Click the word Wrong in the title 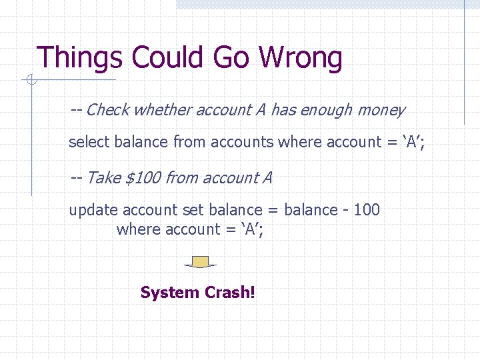tap(304, 58)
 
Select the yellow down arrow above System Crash tap(199, 261)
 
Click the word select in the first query tap(89, 141)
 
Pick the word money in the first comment tap(381, 110)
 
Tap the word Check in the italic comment tap(107, 110)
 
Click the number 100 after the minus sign tap(367, 210)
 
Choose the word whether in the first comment tap(161, 110)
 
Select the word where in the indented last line tap(137, 229)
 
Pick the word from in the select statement tap(189, 141)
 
